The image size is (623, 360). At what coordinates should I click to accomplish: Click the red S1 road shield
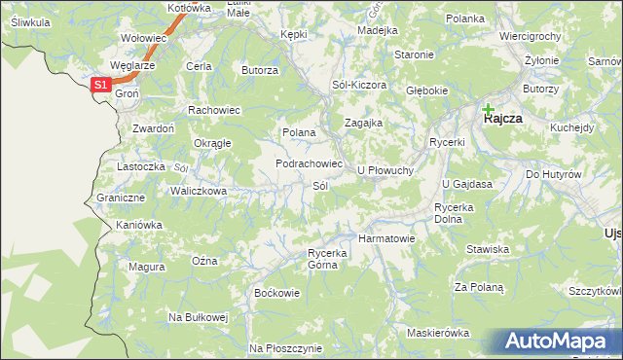pyautogui.click(x=101, y=86)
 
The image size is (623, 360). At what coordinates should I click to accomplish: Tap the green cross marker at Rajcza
pyautogui.click(x=488, y=109)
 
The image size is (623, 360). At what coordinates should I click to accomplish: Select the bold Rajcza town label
pyautogui.click(x=503, y=118)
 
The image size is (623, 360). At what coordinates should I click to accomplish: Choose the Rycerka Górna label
pyautogui.click(x=327, y=259)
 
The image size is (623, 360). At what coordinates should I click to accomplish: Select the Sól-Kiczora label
pyautogui.click(x=359, y=86)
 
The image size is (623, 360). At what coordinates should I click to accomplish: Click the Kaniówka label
pyautogui.click(x=138, y=225)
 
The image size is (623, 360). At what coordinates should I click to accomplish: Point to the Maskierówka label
pyautogui.click(x=439, y=333)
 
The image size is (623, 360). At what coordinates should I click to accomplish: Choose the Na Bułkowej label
pyautogui.click(x=198, y=317)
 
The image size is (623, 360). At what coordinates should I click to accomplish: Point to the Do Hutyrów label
pyautogui.click(x=553, y=174)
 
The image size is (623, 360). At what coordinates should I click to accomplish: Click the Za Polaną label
pyautogui.click(x=479, y=287)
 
